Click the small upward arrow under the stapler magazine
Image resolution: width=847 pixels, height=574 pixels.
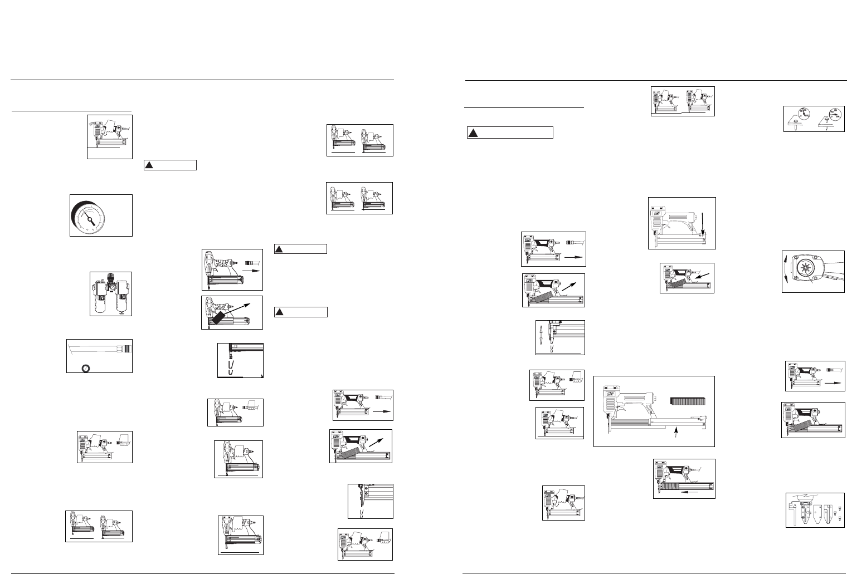676,433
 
